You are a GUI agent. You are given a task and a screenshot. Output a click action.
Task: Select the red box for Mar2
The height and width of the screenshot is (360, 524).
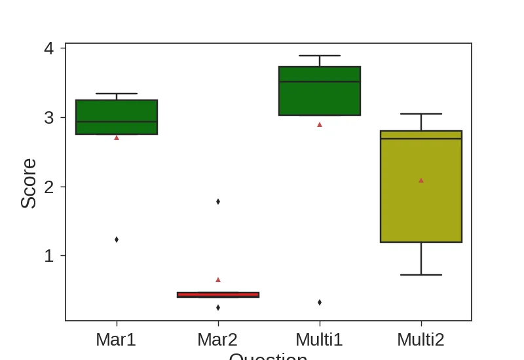(x=218, y=295)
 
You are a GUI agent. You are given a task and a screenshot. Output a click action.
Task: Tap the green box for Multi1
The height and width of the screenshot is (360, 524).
(x=320, y=92)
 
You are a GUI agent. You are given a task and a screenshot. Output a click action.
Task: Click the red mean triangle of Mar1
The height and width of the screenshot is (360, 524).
(x=117, y=137)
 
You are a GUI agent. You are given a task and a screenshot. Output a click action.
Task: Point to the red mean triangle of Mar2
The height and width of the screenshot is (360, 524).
(x=218, y=279)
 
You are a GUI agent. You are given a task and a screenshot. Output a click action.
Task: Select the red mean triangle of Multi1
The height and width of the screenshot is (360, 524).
(x=320, y=124)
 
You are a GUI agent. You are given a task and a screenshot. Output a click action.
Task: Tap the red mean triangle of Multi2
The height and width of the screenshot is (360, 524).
(x=421, y=180)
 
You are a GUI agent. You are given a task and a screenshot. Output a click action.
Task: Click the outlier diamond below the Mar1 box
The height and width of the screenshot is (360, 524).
(x=117, y=240)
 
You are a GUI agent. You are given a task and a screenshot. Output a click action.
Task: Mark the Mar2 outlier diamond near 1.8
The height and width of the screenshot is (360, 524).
(x=218, y=202)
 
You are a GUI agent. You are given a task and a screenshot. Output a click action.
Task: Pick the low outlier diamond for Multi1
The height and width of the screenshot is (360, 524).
(x=320, y=302)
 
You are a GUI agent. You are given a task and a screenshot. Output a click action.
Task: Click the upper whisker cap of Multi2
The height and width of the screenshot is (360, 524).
(x=421, y=114)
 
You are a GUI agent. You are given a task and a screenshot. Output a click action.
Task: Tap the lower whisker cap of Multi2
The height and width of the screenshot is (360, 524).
(x=421, y=275)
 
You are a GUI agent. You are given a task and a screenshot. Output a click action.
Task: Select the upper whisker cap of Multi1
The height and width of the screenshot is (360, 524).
(x=320, y=56)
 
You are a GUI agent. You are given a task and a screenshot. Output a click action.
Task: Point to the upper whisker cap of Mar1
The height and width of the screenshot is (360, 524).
(x=117, y=94)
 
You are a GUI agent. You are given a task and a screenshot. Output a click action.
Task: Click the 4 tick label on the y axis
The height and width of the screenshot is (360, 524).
(x=49, y=48)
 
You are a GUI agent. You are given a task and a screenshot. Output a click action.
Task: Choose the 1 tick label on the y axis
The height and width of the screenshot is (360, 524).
(x=49, y=256)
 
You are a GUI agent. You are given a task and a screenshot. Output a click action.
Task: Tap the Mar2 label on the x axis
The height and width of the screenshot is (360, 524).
(x=217, y=340)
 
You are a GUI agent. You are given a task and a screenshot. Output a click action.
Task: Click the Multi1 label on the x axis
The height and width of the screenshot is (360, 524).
(x=319, y=340)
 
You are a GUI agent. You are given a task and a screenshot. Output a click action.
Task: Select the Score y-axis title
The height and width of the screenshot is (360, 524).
(x=28, y=183)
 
